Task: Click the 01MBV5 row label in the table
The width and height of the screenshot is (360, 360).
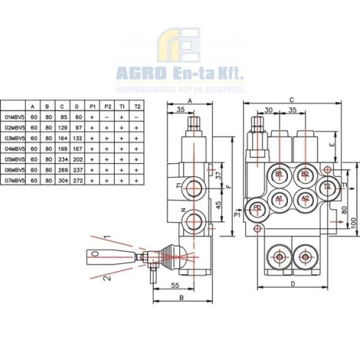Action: (x=14, y=116)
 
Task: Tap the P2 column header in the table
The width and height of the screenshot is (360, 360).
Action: (x=108, y=106)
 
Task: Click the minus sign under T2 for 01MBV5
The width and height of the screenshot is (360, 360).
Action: (x=137, y=116)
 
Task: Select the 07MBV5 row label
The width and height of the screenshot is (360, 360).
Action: (x=14, y=179)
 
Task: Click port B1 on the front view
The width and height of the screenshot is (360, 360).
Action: (x=279, y=174)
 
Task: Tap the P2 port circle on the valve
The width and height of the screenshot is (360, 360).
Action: (x=257, y=208)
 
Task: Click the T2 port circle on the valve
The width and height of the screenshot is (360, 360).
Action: (x=328, y=186)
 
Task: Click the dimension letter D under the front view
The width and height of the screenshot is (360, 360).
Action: (x=292, y=282)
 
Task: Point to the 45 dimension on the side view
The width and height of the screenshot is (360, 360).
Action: (x=219, y=204)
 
